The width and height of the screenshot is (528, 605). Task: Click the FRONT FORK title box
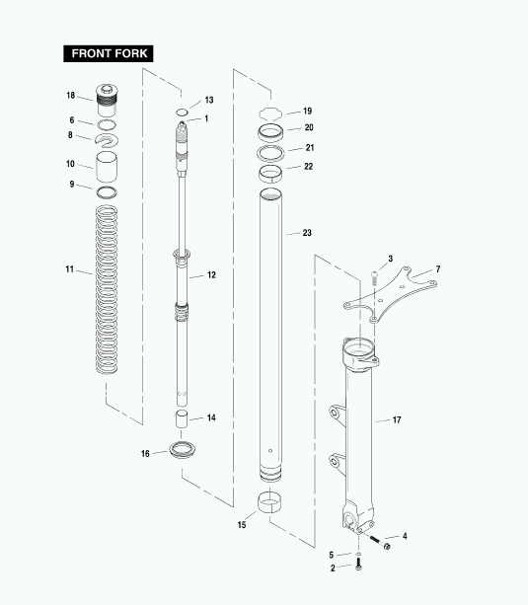pos(109,53)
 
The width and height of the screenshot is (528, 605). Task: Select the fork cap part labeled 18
pos(107,101)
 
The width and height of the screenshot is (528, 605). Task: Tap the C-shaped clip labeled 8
pos(107,140)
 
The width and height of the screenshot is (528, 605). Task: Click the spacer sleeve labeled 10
pos(107,167)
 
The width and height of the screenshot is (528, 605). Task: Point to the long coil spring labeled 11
pos(107,289)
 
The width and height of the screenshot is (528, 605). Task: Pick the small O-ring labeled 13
pos(182,113)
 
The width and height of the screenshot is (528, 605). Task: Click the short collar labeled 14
pos(182,419)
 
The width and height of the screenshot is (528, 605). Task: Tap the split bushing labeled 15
pos(269,502)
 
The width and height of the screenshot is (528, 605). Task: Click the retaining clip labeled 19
pos(270,113)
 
